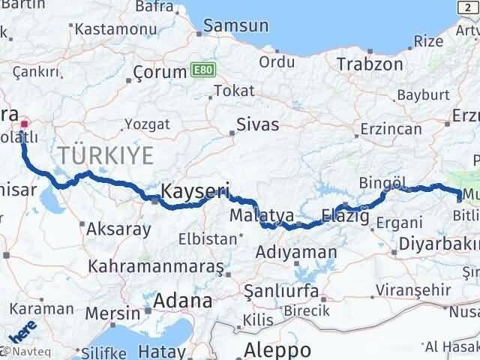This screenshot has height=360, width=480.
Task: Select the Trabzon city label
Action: click(x=370, y=64)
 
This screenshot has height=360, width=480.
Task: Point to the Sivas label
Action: click(x=257, y=124)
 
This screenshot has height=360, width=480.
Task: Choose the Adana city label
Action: click(x=182, y=301)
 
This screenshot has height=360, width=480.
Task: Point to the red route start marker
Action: click(x=23, y=124)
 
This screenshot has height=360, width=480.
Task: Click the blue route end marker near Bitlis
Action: click(x=460, y=198)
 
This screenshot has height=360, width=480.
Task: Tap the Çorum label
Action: click(x=160, y=73)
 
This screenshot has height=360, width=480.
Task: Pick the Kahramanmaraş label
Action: click(x=156, y=266)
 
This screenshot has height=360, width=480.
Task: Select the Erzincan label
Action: click(x=390, y=129)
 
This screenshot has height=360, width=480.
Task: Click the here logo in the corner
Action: click(x=22, y=331)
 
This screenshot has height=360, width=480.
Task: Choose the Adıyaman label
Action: click(x=296, y=253)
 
